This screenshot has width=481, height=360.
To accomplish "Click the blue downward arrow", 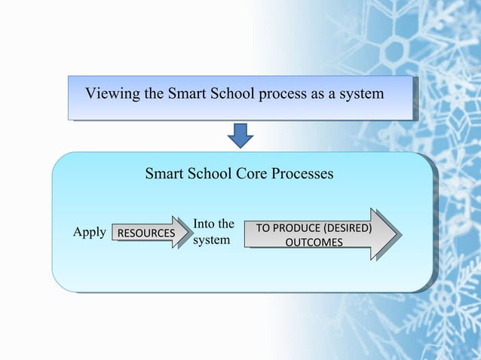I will coord(240,134).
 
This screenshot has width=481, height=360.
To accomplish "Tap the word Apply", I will coord(89,233).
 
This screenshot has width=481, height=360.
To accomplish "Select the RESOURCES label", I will coord(144,233).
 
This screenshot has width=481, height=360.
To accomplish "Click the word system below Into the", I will coord(211,242).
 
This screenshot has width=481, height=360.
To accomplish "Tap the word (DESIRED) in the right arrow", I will coord(347,228).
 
